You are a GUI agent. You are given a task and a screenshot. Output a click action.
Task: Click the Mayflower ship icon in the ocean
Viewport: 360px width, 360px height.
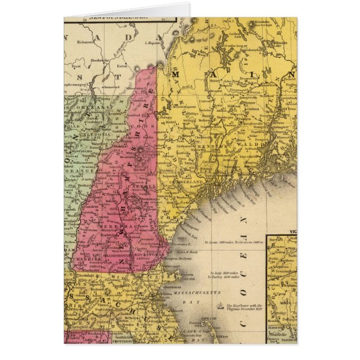[x=222, y=306]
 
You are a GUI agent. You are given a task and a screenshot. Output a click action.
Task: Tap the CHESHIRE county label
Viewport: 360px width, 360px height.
[x=88, y=258]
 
